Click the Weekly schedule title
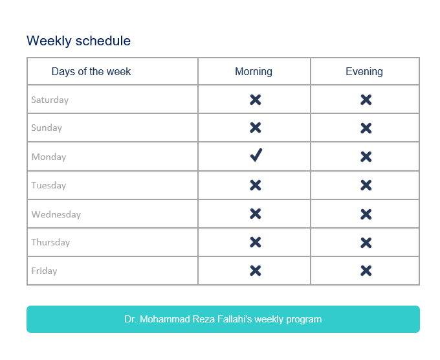78,41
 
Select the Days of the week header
91,71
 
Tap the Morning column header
254,71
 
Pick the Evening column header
364,71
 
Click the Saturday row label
50,100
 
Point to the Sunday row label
47,128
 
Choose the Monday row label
49,157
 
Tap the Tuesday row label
49,185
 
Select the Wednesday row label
56,214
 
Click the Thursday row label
50,242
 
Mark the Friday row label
44,271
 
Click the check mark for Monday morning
256,155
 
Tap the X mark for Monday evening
366,157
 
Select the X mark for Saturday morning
256,100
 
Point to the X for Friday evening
366,271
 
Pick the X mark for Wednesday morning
256,214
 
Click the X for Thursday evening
366,242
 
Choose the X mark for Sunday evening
366,128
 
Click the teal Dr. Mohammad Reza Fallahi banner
223,319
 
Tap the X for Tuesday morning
256,185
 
